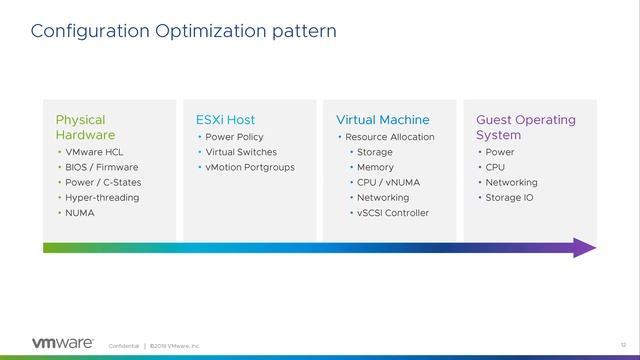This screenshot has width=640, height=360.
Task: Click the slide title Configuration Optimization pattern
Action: [183, 31]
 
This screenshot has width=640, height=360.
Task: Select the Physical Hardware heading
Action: [85, 127]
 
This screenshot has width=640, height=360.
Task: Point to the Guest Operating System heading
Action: [525, 127]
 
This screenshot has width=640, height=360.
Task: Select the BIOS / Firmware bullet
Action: [101, 167]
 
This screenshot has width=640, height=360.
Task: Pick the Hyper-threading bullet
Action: [102, 198]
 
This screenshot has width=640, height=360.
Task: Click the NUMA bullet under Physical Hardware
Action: [80, 213]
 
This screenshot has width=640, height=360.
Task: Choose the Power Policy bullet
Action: [235, 136]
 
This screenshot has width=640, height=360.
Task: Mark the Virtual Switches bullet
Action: [241, 152]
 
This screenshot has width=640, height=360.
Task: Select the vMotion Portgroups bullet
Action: [250, 167]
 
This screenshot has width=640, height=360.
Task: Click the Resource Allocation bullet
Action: [389, 136]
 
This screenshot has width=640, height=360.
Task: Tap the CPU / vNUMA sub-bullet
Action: [389, 182]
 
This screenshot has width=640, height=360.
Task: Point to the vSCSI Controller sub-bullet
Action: [392, 213]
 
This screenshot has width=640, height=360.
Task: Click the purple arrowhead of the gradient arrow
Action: [585, 247]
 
